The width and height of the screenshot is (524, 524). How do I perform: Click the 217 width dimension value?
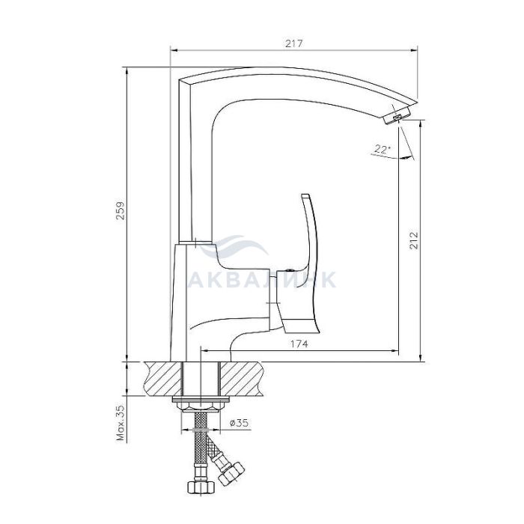[x=293, y=43]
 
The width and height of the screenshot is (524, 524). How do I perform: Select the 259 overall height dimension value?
[x=121, y=210]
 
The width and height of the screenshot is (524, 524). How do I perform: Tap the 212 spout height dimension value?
[x=414, y=240]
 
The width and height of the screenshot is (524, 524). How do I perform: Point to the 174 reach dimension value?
[x=299, y=344]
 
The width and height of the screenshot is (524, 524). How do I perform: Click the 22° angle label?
[x=383, y=149]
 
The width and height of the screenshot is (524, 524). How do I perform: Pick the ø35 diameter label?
[x=240, y=423]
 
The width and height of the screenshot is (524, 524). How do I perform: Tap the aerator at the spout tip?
[x=396, y=117]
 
